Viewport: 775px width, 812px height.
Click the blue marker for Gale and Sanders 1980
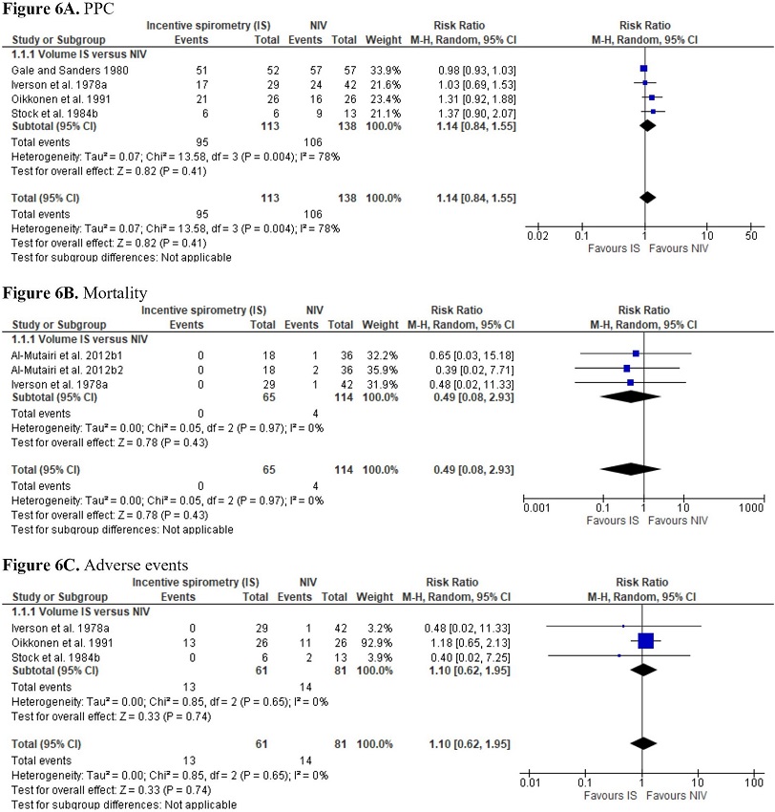click(x=643, y=69)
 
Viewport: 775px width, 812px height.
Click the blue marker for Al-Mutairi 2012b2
click(x=626, y=368)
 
